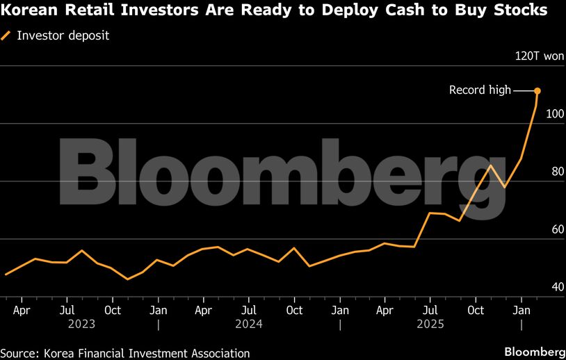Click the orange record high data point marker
[x=537, y=91]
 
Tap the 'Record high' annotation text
[x=480, y=90]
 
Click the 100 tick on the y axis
[x=555, y=113]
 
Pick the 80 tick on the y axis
[x=555, y=171]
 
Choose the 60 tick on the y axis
[x=555, y=229]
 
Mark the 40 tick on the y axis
[x=555, y=286]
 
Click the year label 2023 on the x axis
[x=81, y=323]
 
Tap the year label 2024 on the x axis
[x=250, y=323]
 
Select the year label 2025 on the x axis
[x=430, y=323]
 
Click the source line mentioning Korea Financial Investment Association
[x=125, y=353]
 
